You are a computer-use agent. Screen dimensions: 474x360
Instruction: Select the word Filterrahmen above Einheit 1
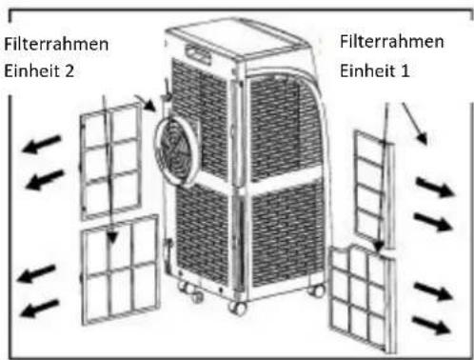tap(391, 41)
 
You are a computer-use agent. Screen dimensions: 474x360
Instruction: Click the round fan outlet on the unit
tap(177, 151)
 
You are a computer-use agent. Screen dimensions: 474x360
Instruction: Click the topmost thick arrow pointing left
tap(42, 145)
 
